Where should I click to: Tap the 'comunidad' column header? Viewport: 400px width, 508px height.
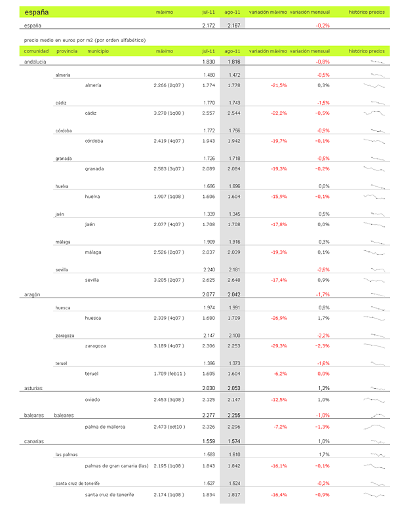pyautogui.click(x=36, y=50)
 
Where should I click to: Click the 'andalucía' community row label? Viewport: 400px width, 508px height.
pyautogui.click(x=35, y=61)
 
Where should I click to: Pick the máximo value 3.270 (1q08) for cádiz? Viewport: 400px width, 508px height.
pyautogui.click(x=168, y=113)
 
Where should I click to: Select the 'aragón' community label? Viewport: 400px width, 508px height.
pyautogui.click(x=31, y=294)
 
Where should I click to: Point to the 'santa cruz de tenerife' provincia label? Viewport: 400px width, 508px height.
pyautogui.click(x=78, y=483)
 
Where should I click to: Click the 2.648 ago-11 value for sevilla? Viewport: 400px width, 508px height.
pyautogui.click(x=232, y=280)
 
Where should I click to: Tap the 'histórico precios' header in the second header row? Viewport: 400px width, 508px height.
pyautogui.click(x=367, y=50)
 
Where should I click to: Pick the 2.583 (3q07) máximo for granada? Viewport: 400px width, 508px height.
pyautogui.click(x=168, y=168)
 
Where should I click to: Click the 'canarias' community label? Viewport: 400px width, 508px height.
pyautogui.click(x=32, y=441)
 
